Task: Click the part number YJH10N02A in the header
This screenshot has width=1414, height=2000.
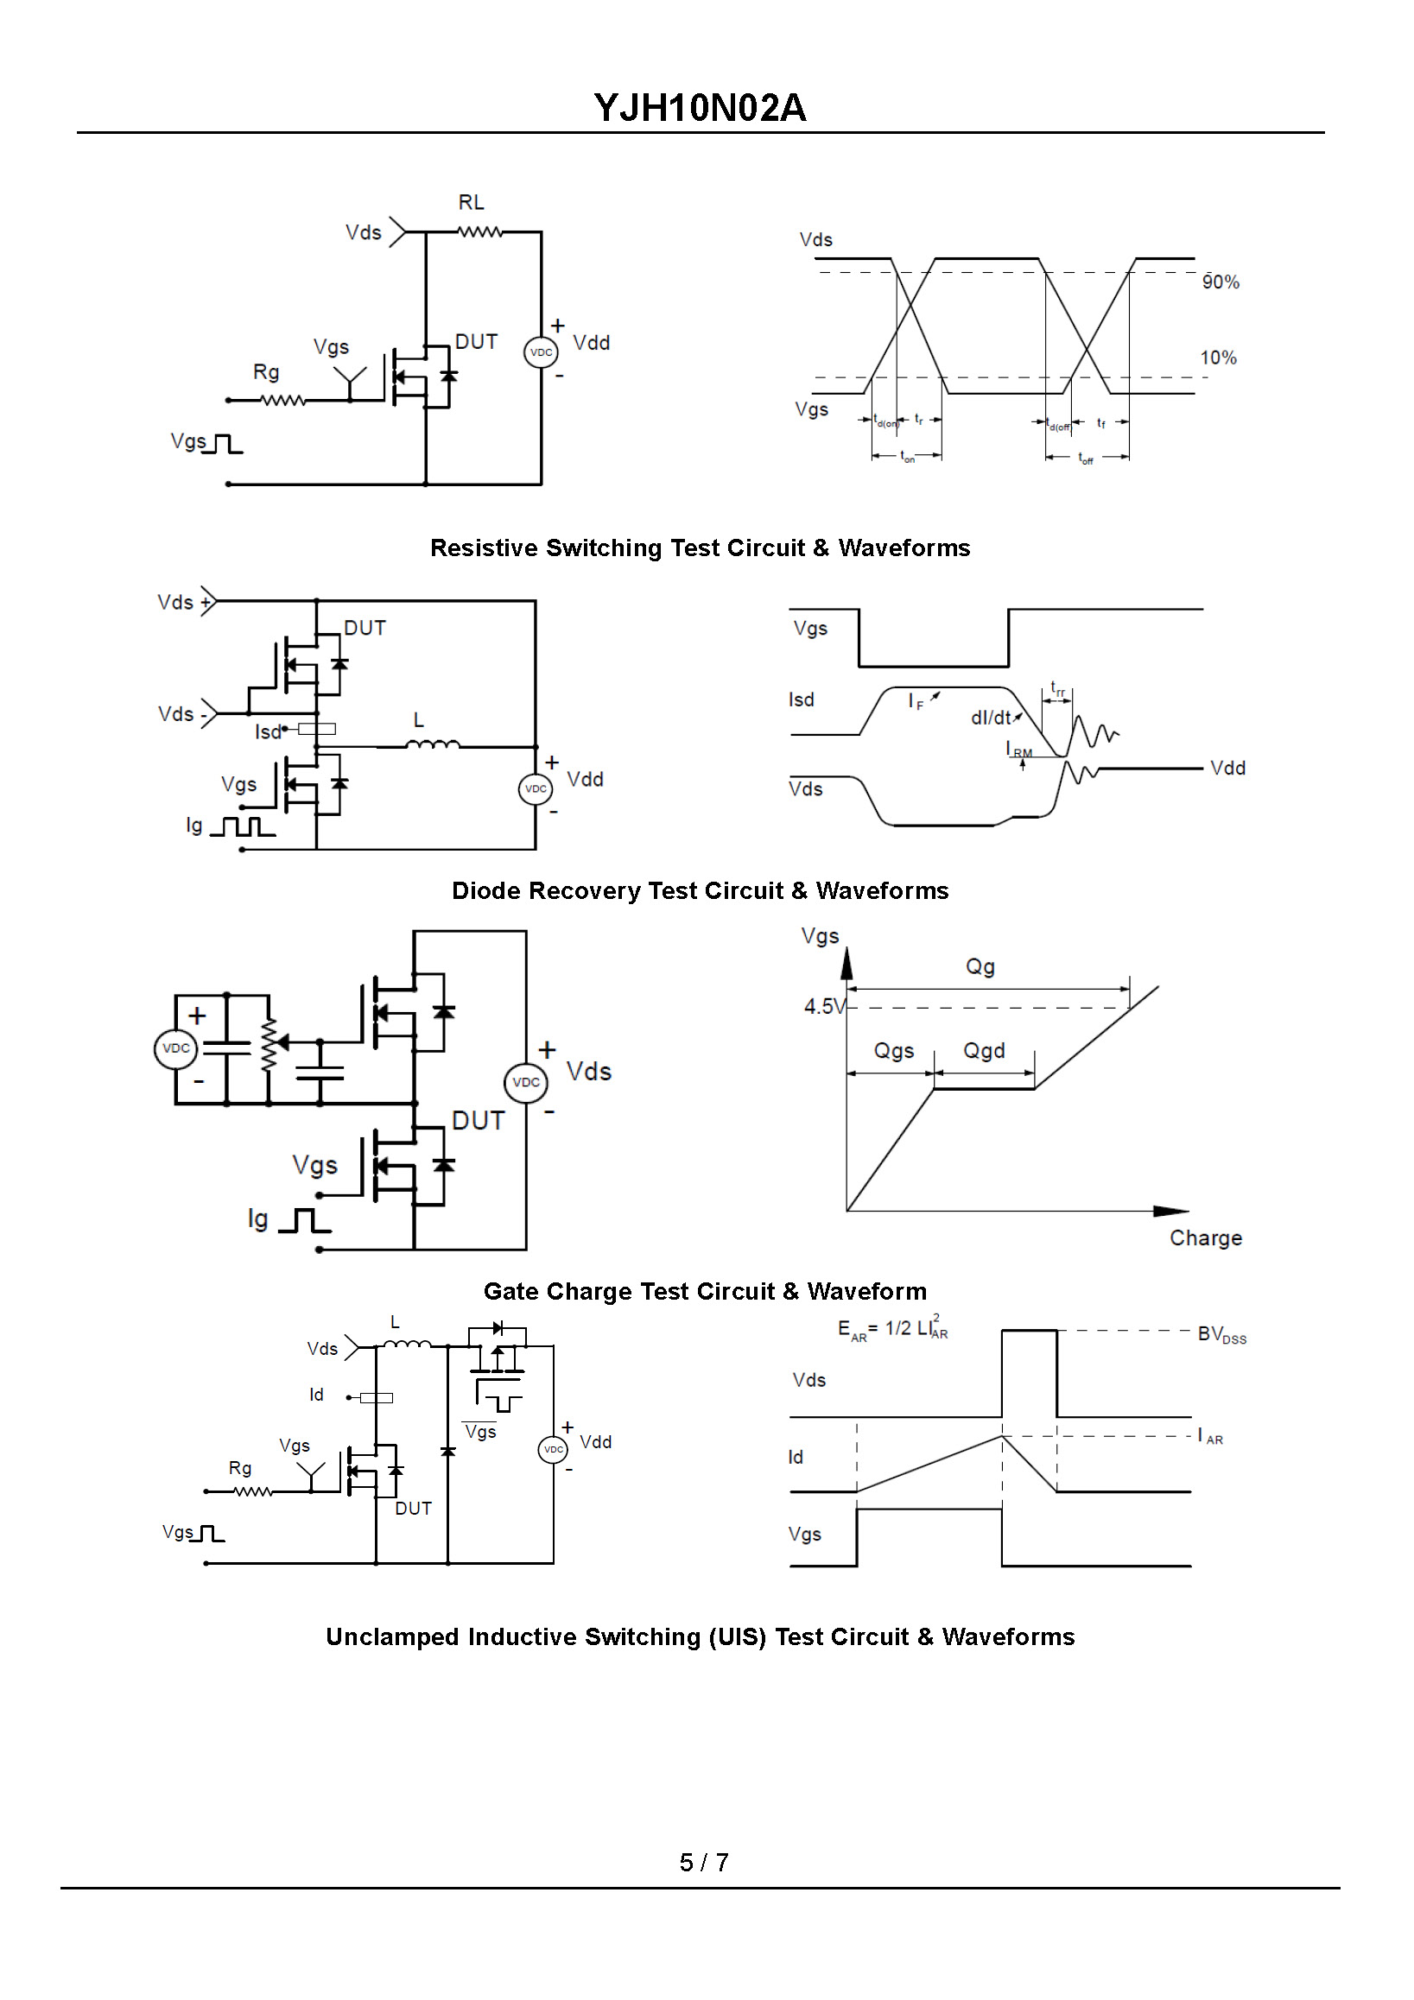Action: point(700,108)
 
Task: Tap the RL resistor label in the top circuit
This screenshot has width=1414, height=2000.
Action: point(472,202)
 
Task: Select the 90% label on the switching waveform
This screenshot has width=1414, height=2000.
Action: point(1221,282)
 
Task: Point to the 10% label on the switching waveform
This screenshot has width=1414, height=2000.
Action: point(1218,358)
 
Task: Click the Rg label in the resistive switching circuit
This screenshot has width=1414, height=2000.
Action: point(266,373)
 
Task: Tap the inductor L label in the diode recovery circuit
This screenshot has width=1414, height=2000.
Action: point(419,720)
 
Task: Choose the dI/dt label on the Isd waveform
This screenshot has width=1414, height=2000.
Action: point(992,718)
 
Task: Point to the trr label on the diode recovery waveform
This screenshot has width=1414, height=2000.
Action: point(1057,688)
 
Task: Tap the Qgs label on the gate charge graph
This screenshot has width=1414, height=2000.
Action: point(894,1052)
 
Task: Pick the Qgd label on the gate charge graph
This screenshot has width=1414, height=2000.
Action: point(984,1052)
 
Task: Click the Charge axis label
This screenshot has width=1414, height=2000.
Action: point(1206,1237)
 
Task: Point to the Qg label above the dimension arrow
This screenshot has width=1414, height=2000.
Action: point(980,967)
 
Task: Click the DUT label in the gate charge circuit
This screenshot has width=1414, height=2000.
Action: point(479,1120)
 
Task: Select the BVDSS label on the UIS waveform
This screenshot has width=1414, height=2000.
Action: point(1222,1334)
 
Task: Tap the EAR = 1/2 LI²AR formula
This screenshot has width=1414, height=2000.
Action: point(893,1328)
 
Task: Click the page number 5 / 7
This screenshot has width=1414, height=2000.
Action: point(704,1863)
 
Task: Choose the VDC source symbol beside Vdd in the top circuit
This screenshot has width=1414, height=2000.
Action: point(541,352)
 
